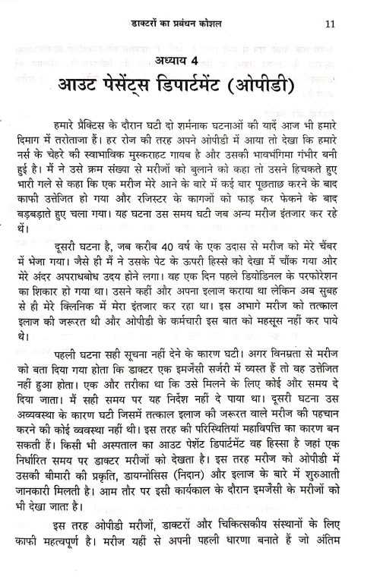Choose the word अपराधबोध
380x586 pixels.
106,288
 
